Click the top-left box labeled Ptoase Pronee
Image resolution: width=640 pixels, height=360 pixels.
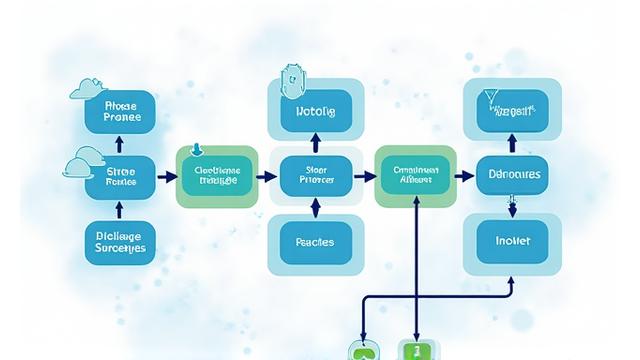click(x=120, y=111)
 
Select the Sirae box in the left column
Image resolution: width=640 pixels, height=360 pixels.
click(x=120, y=177)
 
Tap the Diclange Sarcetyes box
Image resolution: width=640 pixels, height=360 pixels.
click(x=120, y=242)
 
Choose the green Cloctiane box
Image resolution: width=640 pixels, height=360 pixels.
click(x=217, y=177)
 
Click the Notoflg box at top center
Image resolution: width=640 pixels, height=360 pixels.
click(x=316, y=111)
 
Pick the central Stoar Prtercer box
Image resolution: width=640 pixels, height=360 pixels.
click(x=316, y=177)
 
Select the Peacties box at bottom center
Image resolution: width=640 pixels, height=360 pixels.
click(x=316, y=242)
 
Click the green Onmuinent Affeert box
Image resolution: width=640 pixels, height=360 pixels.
click(x=415, y=177)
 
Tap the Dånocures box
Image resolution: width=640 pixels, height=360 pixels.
click(x=512, y=175)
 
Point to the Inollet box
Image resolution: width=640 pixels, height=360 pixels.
click(x=512, y=242)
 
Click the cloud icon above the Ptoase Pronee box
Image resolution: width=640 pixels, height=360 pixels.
click(x=87, y=91)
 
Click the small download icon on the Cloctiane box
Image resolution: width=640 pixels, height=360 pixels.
click(x=196, y=152)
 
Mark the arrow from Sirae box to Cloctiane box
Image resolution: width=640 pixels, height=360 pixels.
click(x=166, y=177)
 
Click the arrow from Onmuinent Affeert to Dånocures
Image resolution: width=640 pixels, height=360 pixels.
click(x=465, y=177)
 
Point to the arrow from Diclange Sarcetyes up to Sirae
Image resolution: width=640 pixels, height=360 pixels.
click(x=120, y=210)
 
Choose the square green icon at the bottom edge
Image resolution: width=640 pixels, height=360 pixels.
click(x=413, y=350)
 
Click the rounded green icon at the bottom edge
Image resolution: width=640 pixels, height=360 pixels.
click(x=360, y=350)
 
